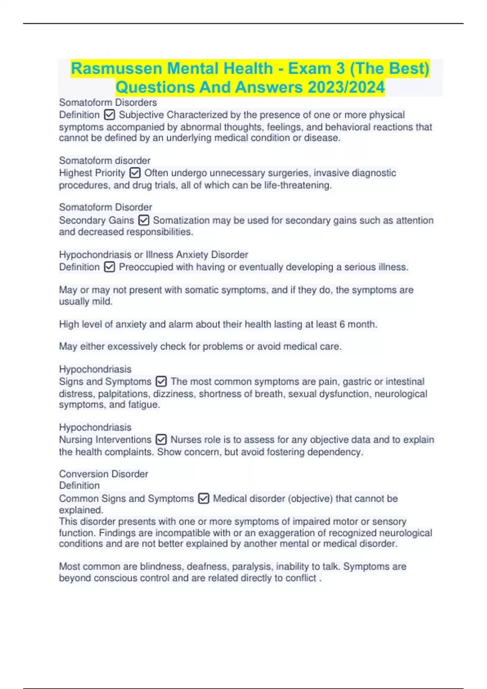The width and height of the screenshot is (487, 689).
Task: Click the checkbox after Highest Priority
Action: coord(135,173)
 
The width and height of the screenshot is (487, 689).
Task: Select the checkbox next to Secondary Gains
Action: coord(144,220)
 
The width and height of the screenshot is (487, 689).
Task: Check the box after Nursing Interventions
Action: coord(161,439)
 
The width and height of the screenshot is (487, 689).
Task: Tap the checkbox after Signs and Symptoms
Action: coord(161,381)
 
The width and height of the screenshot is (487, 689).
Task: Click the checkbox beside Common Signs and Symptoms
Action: coord(203,498)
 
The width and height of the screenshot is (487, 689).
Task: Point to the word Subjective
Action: coord(141,115)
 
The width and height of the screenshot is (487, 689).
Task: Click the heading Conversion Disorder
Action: coord(103,474)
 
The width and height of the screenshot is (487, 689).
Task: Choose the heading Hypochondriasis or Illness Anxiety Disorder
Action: coord(153,255)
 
